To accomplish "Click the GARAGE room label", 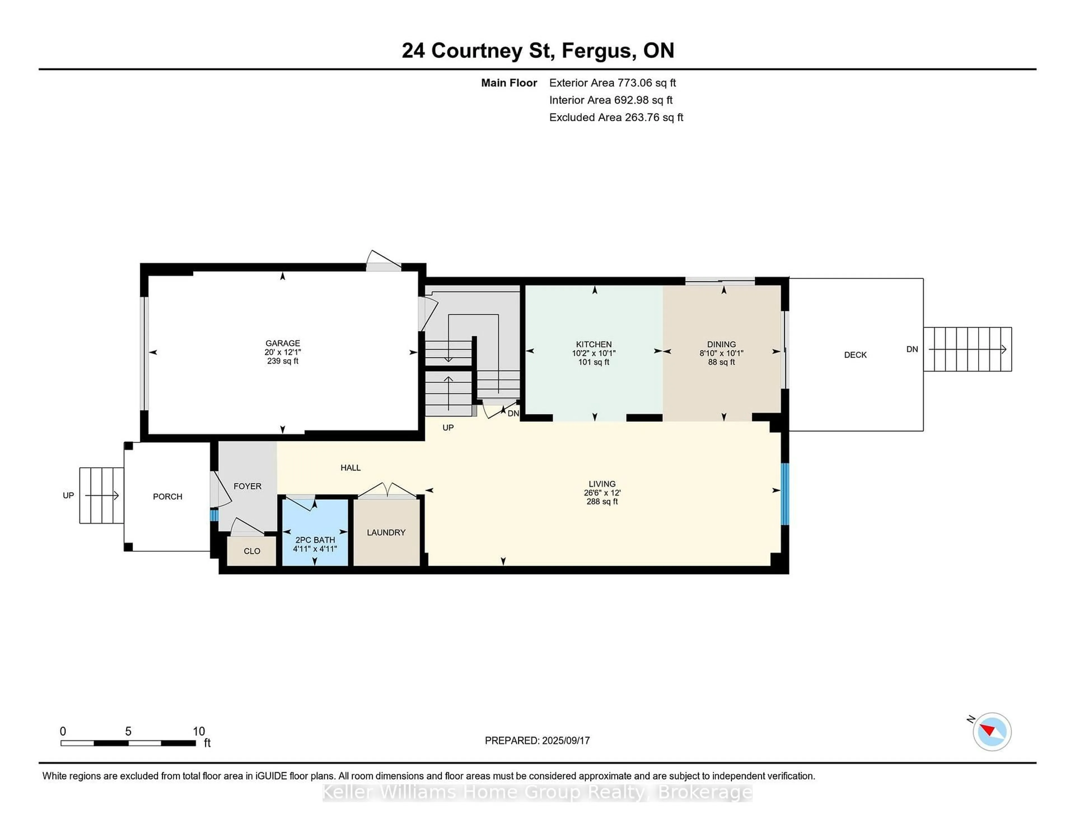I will pos(282,343).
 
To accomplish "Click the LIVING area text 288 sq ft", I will pos(602,501).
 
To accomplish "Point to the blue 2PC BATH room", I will pos(315,531).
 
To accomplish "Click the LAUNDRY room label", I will pos(386,532).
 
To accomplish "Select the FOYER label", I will pos(247,486).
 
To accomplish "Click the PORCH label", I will pos(167,496).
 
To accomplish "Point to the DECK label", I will pos(855,355).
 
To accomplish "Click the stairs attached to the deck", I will pos(967,349).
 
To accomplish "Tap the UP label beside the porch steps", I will pos(68,495).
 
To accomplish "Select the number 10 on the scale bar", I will pos(198,731).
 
